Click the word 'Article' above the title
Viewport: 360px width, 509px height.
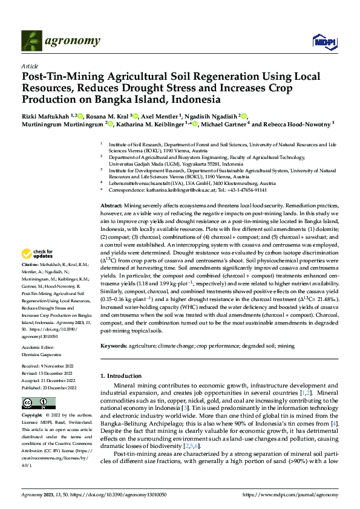(x=30, y=66)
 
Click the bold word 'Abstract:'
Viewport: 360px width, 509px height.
(x=113, y=206)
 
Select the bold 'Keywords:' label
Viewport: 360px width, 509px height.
(x=114, y=346)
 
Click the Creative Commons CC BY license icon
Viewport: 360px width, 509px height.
(x=30, y=403)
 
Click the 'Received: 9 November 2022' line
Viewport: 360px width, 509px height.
(x=47, y=366)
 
